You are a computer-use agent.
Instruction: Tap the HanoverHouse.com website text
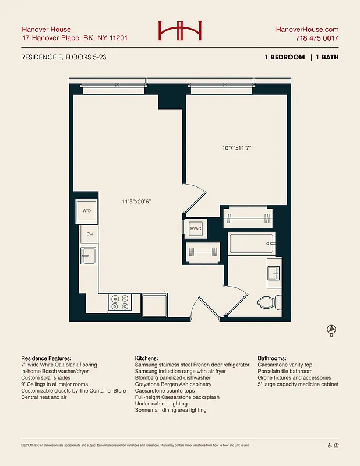coord(308,29)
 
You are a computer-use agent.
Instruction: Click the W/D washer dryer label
coord(87,211)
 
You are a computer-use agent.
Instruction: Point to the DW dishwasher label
coord(90,234)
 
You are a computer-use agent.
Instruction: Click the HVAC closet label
coord(196,228)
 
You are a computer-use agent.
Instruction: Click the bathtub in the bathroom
coord(252,243)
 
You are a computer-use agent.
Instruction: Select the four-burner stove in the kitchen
coord(120,302)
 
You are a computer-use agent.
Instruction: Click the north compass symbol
coord(331,329)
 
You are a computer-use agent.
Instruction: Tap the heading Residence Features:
coord(46,358)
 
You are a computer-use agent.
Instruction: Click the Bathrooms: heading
coord(276,358)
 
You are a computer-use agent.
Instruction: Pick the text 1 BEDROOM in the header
coord(284,57)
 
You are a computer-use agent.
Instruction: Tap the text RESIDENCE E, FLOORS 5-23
coord(63,57)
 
